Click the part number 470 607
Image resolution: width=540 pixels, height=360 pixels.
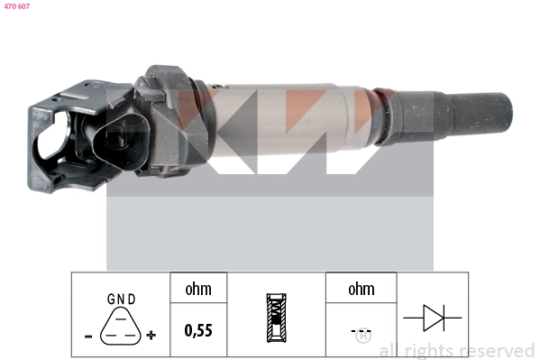pos(17,6)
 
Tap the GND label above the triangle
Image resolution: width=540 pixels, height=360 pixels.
pos(121,299)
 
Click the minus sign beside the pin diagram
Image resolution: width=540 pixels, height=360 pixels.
pos(88,336)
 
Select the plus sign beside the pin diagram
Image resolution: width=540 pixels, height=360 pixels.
pos(151,335)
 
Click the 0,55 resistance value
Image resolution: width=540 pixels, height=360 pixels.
pos(198,330)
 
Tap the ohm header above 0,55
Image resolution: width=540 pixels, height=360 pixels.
pos(198,289)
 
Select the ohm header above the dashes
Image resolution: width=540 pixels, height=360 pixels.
pos(362,289)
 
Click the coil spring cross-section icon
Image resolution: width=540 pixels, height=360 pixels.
pos(276,318)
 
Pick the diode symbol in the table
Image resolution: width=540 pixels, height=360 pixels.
pos(433,318)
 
